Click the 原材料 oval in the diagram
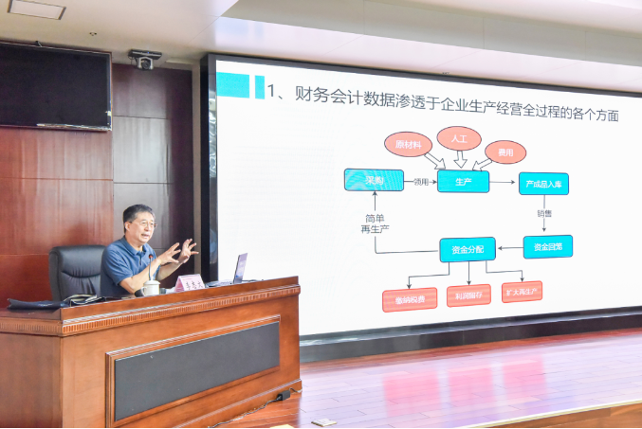click(408, 144)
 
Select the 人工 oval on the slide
click(459, 138)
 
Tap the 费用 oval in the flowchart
click(504, 152)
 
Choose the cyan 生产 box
click(463, 181)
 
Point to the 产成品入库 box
click(543, 184)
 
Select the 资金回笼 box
click(547, 246)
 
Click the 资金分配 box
click(467, 250)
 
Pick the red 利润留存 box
click(468, 295)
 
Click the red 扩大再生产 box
click(522, 292)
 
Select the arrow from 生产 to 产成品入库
click(504, 181)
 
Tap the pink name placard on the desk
click(190, 282)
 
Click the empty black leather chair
click(76, 272)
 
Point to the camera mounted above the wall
click(145, 60)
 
